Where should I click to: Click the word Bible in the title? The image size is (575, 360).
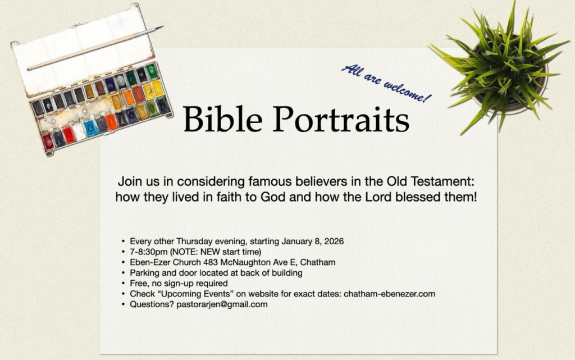pyautogui.click(x=222, y=119)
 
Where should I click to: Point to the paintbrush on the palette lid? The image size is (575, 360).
pyautogui.click(x=95, y=48)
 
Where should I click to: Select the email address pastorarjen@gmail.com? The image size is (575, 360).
pyautogui.click(x=222, y=304)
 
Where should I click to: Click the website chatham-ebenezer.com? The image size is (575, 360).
pyautogui.click(x=390, y=294)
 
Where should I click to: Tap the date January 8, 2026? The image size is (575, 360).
pyautogui.click(x=312, y=241)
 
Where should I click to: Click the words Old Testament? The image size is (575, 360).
pyautogui.click(x=431, y=181)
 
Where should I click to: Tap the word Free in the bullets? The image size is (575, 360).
pyautogui.click(x=138, y=283)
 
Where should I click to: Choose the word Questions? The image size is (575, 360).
pyautogui.click(x=152, y=304)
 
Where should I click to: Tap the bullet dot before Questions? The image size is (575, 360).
pyautogui.click(x=123, y=304)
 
